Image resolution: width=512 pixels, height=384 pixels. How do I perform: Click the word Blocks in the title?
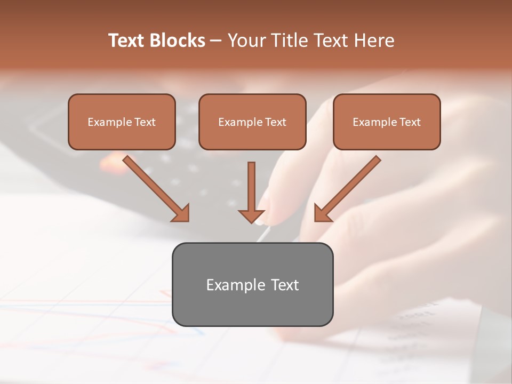point(177,41)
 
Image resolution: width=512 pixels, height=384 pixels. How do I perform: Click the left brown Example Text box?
point(122,122)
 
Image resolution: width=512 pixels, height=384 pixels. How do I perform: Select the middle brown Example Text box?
point(252,122)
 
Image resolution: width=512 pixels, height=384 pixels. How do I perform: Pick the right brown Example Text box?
point(387,122)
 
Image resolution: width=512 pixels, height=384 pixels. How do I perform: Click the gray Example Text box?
point(252,284)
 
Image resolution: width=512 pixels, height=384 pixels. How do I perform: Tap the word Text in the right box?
point(410,122)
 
